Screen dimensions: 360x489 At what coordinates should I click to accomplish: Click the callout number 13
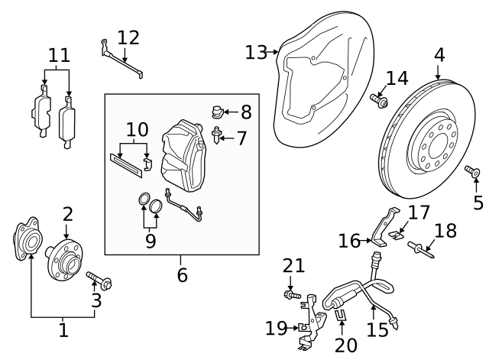(x=256, y=52)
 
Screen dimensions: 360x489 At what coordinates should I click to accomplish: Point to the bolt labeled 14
(x=377, y=99)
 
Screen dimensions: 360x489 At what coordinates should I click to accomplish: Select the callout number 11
(x=59, y=55)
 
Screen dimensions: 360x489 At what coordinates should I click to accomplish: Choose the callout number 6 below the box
(x=182, y=274)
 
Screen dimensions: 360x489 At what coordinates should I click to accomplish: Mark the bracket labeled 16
(x=384, y=225)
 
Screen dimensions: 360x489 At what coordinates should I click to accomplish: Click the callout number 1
(x=63, y=330)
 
